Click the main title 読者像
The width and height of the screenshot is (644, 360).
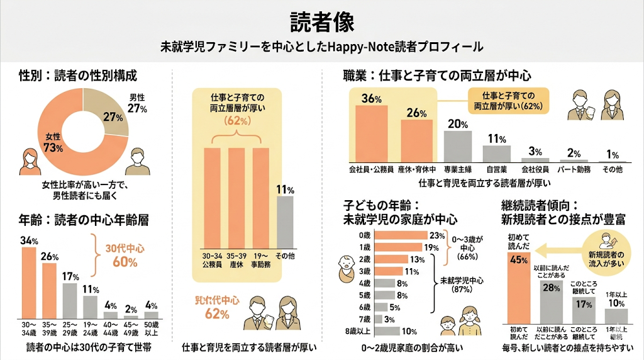click(322, 21)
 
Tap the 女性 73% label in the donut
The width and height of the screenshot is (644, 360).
click(53, 143)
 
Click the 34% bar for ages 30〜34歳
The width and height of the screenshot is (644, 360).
click(29, 283)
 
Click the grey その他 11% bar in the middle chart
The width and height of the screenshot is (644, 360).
click(286, 222)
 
